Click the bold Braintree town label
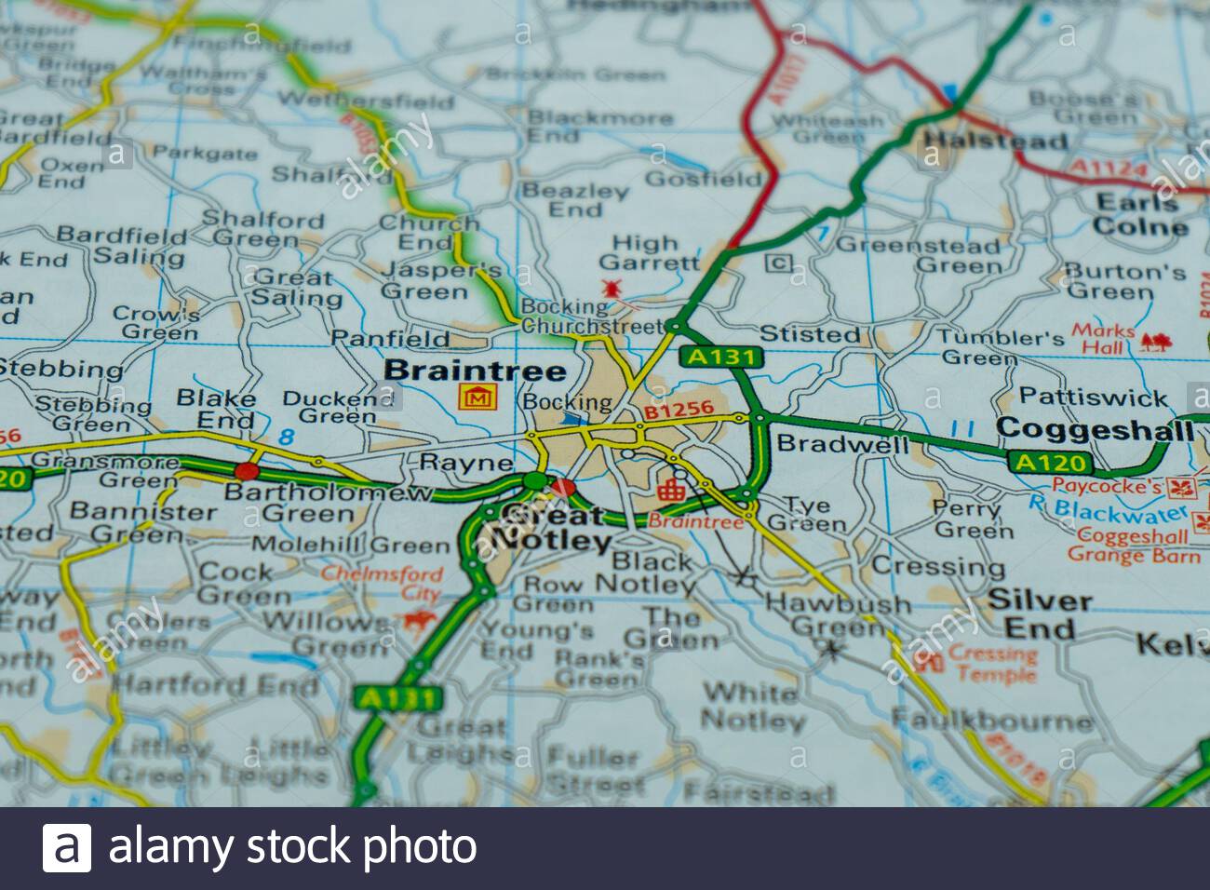(x=475, y=371)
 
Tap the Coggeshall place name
(x=1095, y=429)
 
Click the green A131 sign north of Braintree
(x=720, y=357)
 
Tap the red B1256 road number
(x=679, y=409)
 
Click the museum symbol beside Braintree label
(x=477, y=398)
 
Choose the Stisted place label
(x=810, y=333)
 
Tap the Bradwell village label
(x=842, y=443)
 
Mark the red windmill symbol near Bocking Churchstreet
(x=612, y=288)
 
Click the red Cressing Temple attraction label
(x=993, y=664)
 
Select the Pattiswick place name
(x=1093, y=397)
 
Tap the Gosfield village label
(x=703, y=179)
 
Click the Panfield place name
(x=390, y=338)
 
